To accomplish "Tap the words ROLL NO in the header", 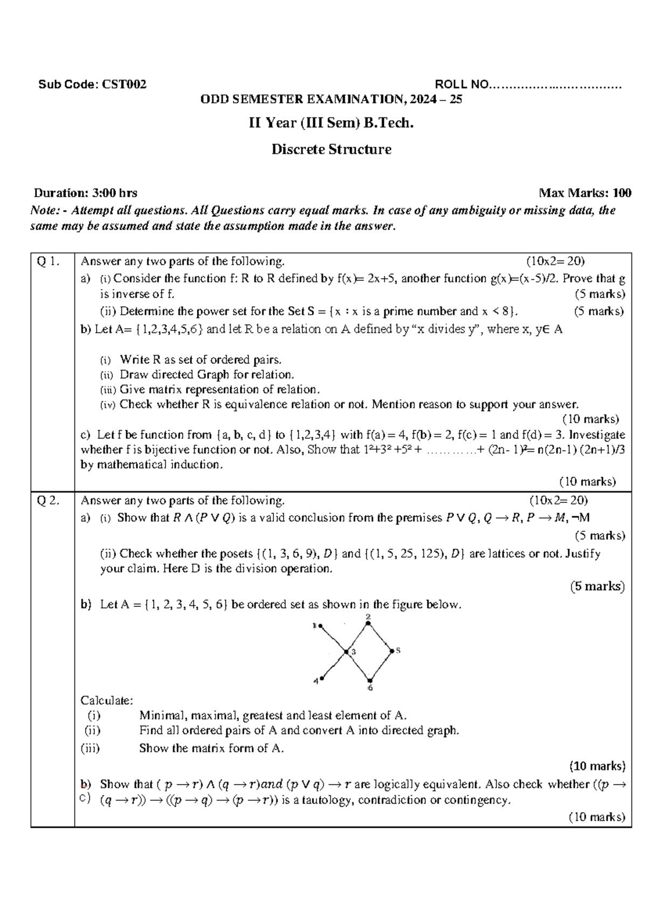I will [462, 84].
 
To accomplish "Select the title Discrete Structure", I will [331, 149].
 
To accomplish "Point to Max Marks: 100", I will [585, 193].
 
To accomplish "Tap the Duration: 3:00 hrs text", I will [85, 193].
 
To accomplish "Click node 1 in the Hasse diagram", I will [320, 626].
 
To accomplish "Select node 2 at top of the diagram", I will [368, 624].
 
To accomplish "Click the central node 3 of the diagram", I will [346, 652].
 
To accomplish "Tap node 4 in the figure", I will [322, 678].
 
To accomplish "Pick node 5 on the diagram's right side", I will [392, 651].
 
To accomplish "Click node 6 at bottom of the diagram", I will [369, 680].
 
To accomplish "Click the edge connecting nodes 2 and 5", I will [380, 637].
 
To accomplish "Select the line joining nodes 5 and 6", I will [381, 666].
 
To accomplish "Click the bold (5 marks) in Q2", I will [597, 586].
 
